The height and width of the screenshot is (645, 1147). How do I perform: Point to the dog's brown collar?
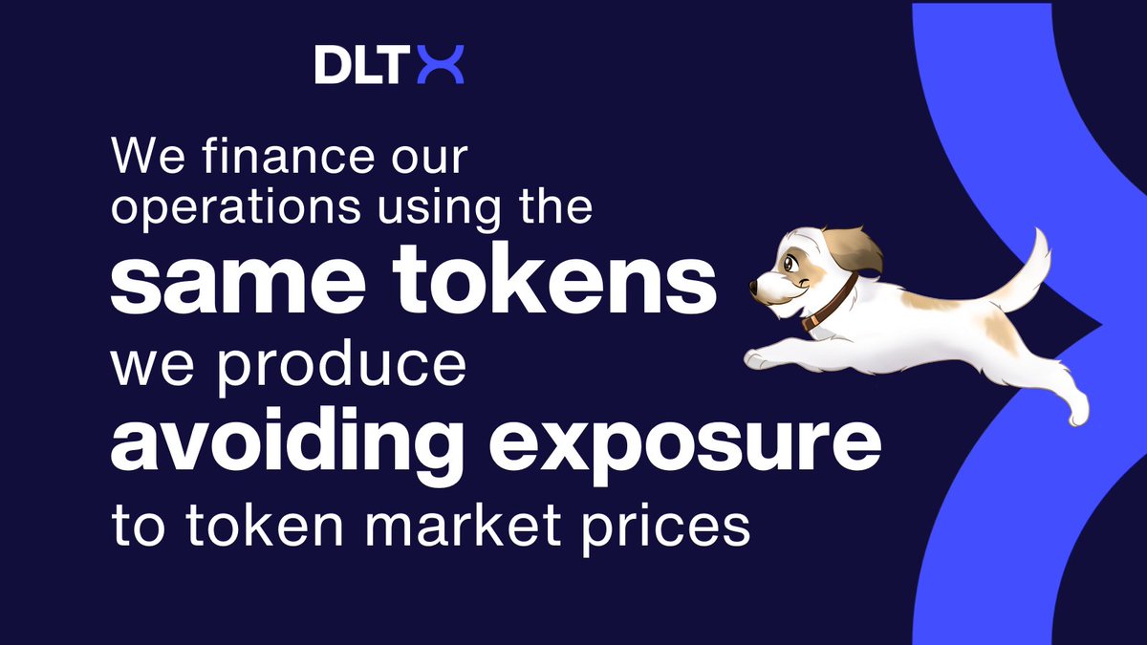[830, 303]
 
